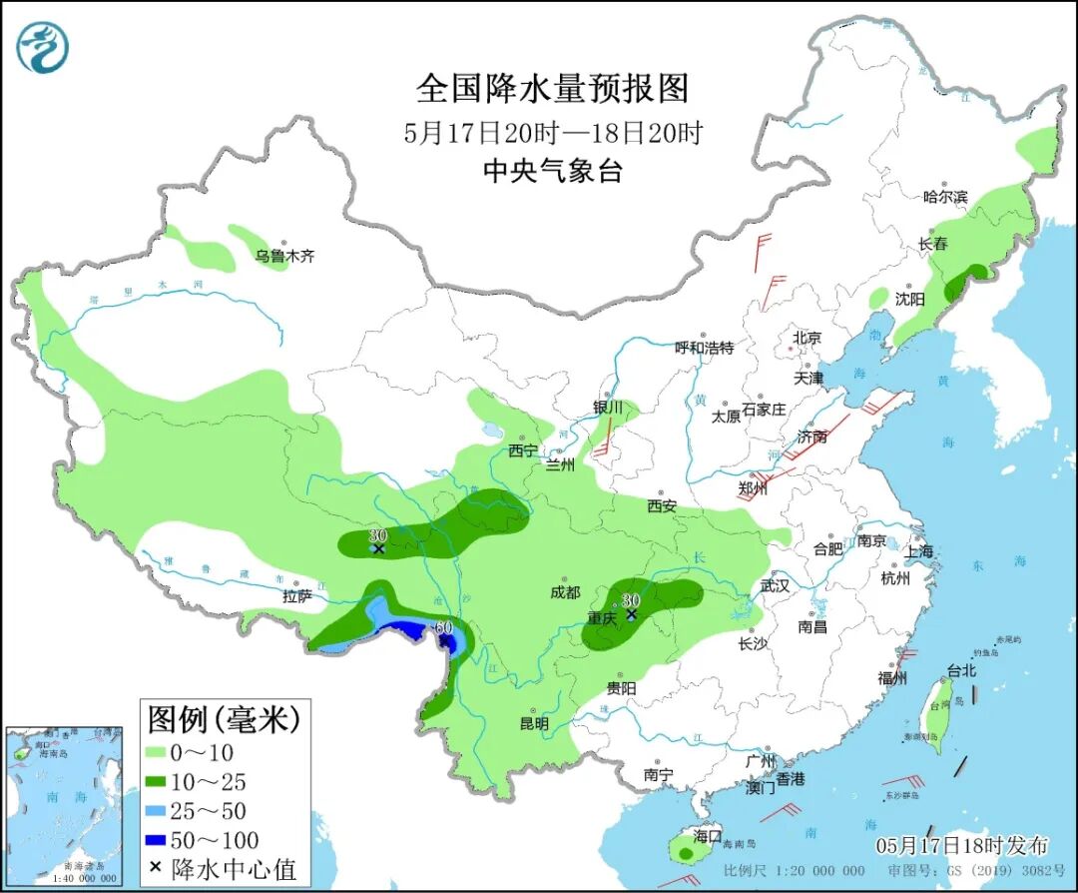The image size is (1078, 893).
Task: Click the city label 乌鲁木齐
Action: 284,257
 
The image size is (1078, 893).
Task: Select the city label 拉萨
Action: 297,596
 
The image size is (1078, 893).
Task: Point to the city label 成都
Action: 564,592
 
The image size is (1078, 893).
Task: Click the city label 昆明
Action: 534,722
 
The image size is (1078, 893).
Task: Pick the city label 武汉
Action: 775,586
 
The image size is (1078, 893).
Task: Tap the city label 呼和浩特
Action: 704,348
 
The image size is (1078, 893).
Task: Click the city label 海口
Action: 707,835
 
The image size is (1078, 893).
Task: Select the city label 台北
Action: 961,671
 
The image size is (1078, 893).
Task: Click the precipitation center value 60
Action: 445,627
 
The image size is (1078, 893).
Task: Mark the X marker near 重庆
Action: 631,614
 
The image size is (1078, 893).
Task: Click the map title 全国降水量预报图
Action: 552,89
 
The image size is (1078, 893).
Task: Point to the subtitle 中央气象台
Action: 552,171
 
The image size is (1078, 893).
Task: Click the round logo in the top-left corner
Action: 42,46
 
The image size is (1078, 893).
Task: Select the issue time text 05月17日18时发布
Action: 962,845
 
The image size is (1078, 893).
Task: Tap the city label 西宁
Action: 522,450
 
